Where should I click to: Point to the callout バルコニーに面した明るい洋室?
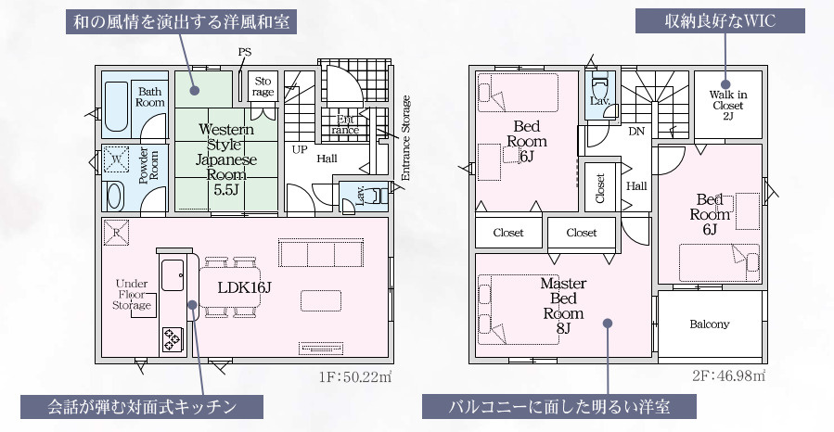point(558,406)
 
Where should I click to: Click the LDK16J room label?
point(245,286)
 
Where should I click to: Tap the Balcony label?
point(710,324)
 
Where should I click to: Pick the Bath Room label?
point(150,96)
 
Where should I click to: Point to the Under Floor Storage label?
point(132,295)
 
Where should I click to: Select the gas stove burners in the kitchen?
point(173,339)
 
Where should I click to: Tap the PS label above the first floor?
point(244,52)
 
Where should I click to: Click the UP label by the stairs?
point(300,148)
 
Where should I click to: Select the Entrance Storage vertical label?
point(405,137)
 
